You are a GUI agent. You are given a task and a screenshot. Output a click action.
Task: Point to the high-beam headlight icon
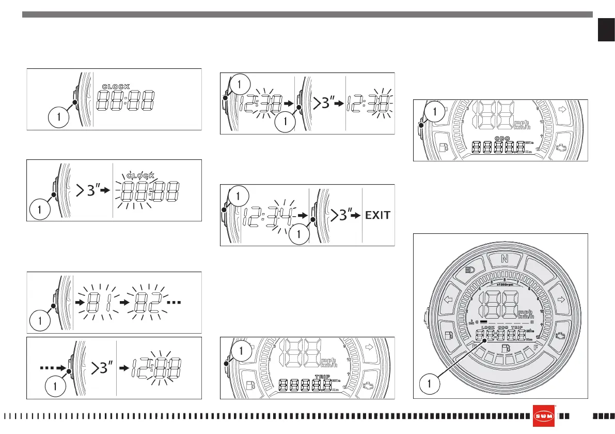(469, 270)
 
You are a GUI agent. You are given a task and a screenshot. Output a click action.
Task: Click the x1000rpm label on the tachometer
(501, 284)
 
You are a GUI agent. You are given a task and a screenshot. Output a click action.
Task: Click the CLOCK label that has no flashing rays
(116, 86)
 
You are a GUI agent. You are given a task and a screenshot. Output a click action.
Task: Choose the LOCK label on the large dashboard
(488, 327)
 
